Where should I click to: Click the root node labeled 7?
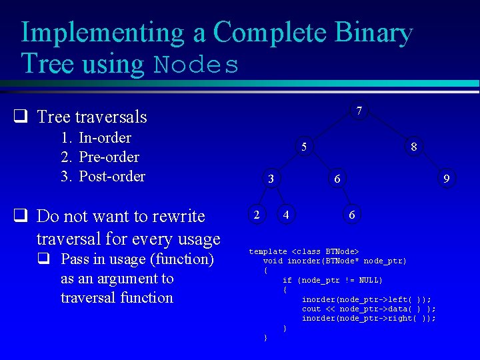coord(359,111)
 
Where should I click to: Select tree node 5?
coord(303,147)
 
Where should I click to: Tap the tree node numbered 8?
coord(414,147)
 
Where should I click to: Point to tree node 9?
coord(447,179)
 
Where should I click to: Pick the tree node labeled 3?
coord(270,179)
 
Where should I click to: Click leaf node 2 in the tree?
coord(256,214)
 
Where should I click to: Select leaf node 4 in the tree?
coord(286,214)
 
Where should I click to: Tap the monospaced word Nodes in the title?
coord(196,65)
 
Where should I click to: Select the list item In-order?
coord(105,138)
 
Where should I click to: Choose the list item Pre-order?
coord(109,157)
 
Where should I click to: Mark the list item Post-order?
coord(111,177)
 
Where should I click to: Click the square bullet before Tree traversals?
coord(21,117)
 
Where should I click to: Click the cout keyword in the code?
coord(311,309)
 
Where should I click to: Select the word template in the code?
coord(268,251)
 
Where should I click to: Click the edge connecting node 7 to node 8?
coord(387,129)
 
